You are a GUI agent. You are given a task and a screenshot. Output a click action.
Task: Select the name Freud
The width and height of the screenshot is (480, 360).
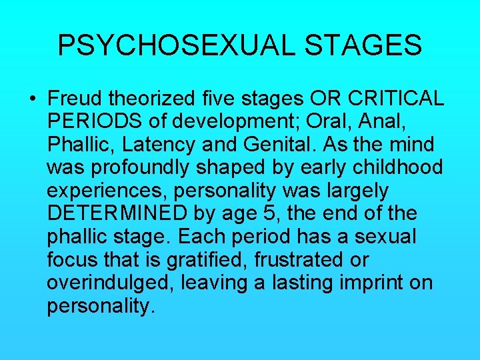(74, 99)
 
